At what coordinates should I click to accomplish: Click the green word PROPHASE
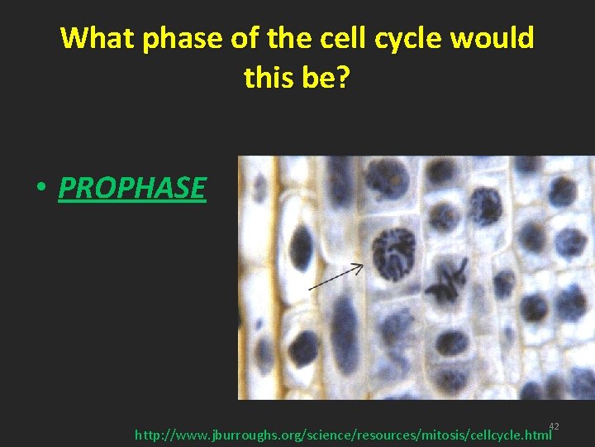pos(132,188)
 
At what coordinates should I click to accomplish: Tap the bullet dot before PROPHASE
pos(40,190)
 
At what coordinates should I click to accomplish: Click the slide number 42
pos(554,426)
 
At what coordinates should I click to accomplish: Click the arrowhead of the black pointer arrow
pos(359,267)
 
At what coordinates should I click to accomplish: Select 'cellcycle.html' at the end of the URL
pos(507,434)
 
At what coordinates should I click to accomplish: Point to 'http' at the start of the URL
pos(147,434)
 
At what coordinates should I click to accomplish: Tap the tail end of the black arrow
pos(310,288)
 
